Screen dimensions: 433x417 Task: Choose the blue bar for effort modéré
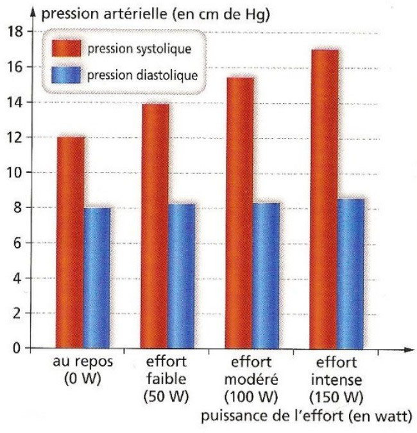[267, 275]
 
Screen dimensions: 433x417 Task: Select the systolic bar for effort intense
[324, 199]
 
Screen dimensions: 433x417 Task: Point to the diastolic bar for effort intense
[352, 274]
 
